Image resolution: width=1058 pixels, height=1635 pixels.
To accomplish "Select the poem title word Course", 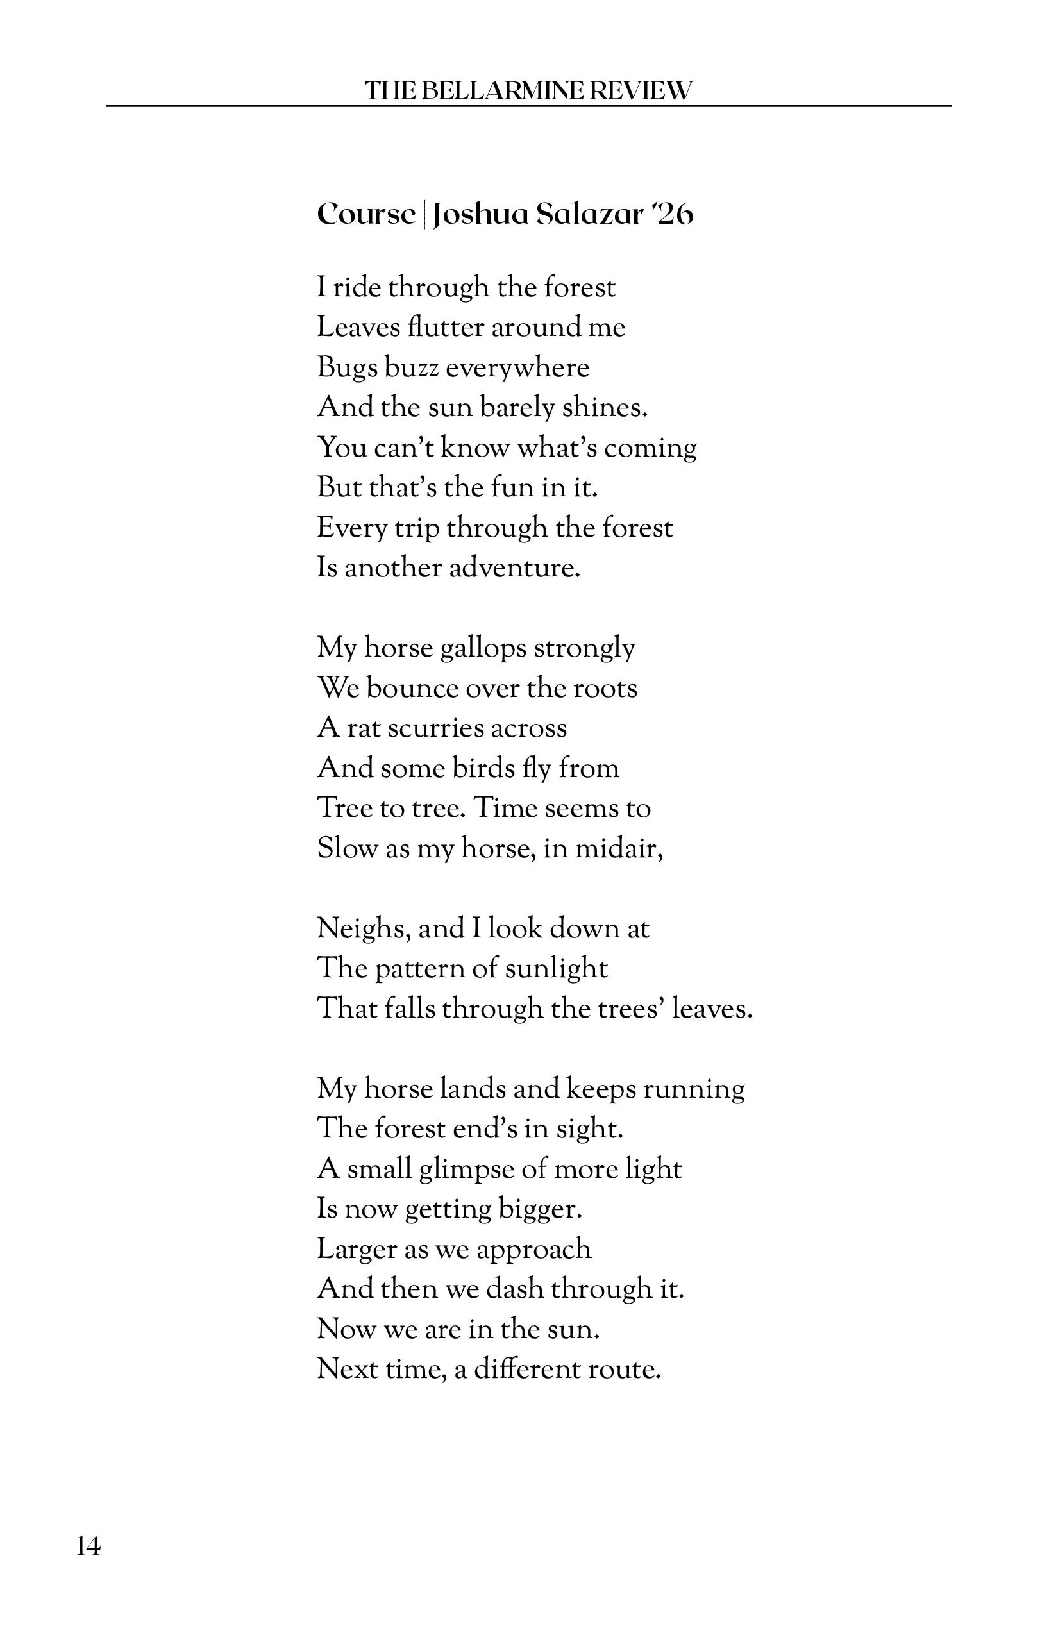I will click(x=366, y=214).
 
